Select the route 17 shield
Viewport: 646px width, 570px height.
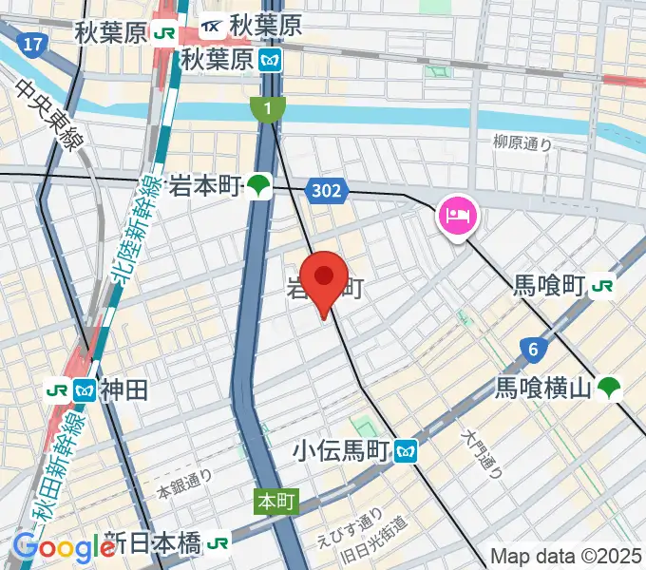pyautogui.click(x=33, y=44)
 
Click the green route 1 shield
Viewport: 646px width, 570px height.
pyautogui.click(x=269, y=110)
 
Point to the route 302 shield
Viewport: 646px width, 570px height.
pyautogui.click(x=325, y=192)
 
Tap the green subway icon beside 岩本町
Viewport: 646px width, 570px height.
pyautogui.click(x=258, y=186)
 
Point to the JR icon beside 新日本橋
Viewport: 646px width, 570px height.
pyautogui.click(x=219, y=543)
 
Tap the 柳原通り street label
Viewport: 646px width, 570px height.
pyautogui.click(x=522, y=143)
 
